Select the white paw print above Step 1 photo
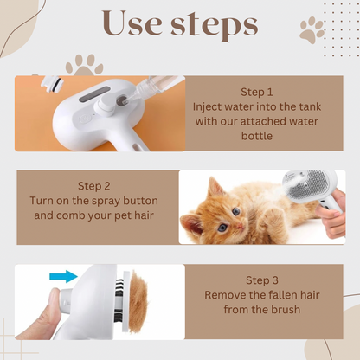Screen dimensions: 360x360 pos(84,64)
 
